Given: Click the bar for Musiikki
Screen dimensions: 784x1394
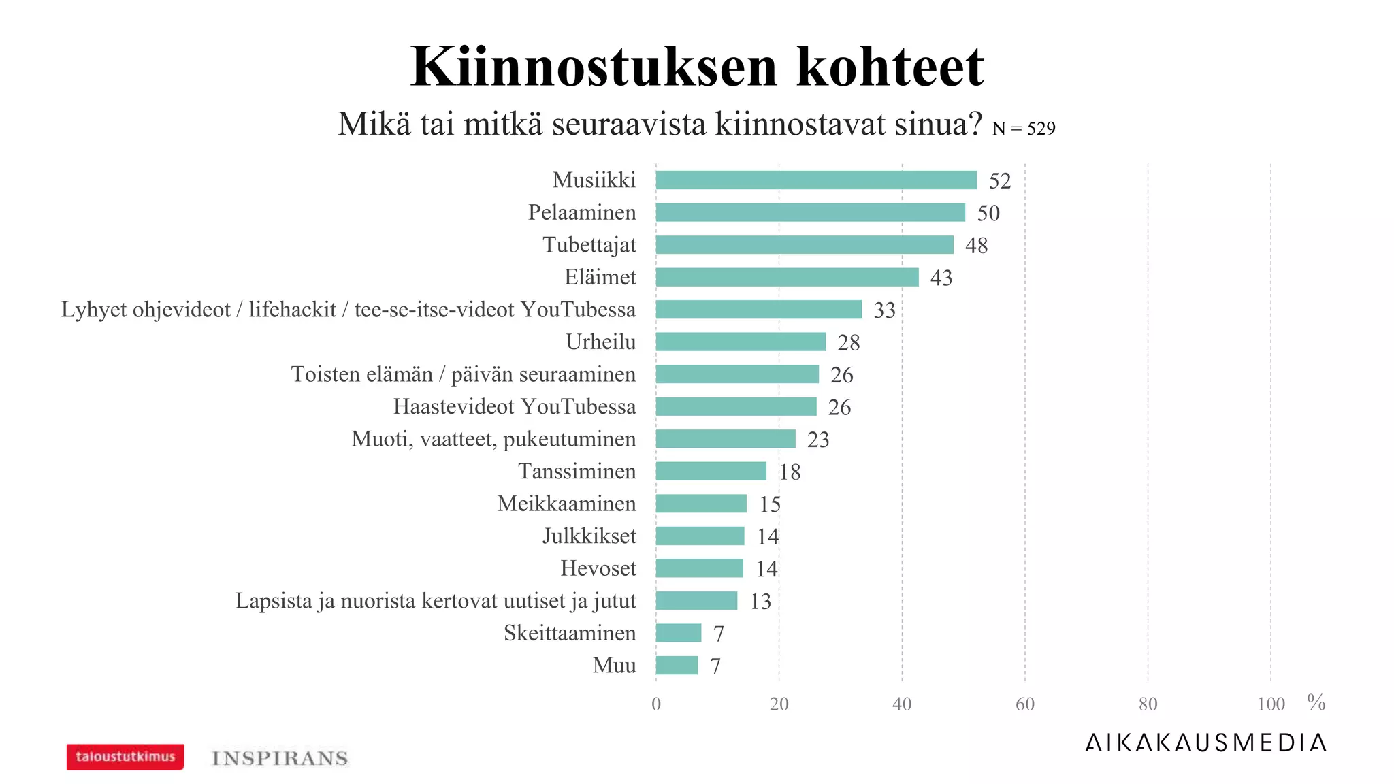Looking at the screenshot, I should coord(815,180).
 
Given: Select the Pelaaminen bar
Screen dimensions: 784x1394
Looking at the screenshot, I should coord(810,212).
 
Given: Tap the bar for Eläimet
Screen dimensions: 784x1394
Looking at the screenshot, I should coord(787,277).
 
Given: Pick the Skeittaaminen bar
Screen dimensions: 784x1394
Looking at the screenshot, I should coord(678,633).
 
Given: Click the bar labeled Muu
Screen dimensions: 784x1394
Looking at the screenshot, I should coord(677,665).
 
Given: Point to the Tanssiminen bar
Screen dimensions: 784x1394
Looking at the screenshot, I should coord(711,471).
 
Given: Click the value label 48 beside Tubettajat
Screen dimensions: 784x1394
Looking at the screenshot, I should coord(976,246).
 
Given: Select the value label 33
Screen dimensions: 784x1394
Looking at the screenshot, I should coord(884,310).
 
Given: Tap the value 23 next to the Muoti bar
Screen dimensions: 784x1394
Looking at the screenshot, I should coord(818,440).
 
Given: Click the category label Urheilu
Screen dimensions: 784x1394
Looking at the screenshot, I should coord(600,342).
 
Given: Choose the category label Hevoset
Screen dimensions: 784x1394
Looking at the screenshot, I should coord(598,568).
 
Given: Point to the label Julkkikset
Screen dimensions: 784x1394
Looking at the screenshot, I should coord(589,536).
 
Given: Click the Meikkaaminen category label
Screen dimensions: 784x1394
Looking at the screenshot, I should coord(566,504).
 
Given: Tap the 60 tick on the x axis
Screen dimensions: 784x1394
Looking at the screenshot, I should coord(1024,704).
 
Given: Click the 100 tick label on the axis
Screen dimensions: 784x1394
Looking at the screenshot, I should coord(1270,704).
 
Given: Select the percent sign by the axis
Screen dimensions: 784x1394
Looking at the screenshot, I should coord(1316,702).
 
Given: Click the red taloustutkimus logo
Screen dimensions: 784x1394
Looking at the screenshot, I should coord(125,757).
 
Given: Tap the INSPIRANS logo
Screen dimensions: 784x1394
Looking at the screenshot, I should coord(280,758).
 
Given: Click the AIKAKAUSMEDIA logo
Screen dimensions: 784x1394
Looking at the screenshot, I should coord(1205,742).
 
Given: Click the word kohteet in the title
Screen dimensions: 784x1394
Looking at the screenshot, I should coord(890,67).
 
